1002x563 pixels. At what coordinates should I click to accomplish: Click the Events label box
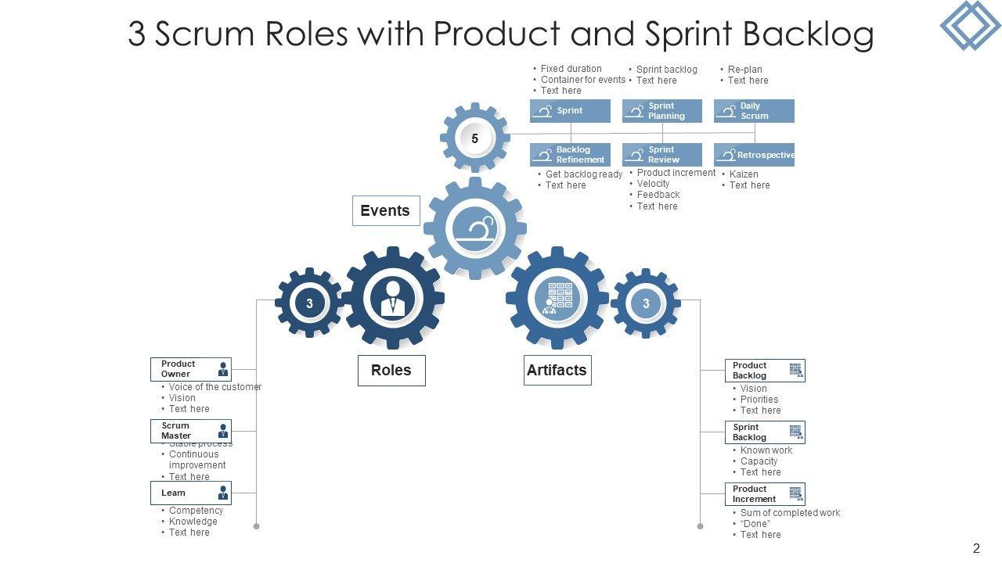click(x=385, y=211)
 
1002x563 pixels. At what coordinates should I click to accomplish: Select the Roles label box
click(x=391, y=371)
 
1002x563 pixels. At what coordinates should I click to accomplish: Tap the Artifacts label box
click(x=557, y=371)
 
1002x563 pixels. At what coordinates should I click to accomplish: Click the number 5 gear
click(x=474, y=138)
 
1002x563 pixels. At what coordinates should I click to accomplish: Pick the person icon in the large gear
click(x=393, y=298)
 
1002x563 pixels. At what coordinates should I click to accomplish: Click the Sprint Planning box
click(x=662, y=111)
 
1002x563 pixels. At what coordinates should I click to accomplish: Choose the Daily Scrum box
click(x=754, y=111)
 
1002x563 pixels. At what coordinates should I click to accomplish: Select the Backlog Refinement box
click(x=570, y=155)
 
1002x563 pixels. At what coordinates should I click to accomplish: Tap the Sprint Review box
click(x=662, y=155)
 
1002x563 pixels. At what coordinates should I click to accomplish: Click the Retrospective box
click(x=754, y=155)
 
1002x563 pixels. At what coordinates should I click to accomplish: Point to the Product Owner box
click(x=191, y=369)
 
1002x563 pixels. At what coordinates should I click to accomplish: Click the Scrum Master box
click(x=191, y=431)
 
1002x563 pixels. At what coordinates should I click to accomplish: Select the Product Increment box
click(x=765, y=494)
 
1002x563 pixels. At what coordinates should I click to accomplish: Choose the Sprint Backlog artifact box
click(x=765, y=432)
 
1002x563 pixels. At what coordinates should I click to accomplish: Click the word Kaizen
click(x=744, y=174)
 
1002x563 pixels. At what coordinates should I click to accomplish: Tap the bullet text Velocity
click(x=654, y=184)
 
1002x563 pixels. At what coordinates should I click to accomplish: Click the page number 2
click(x=976, y=549)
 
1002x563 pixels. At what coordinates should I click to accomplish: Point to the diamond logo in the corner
click(x=970, y=25)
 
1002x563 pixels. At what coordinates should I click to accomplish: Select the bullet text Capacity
click(x=759, y=461)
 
